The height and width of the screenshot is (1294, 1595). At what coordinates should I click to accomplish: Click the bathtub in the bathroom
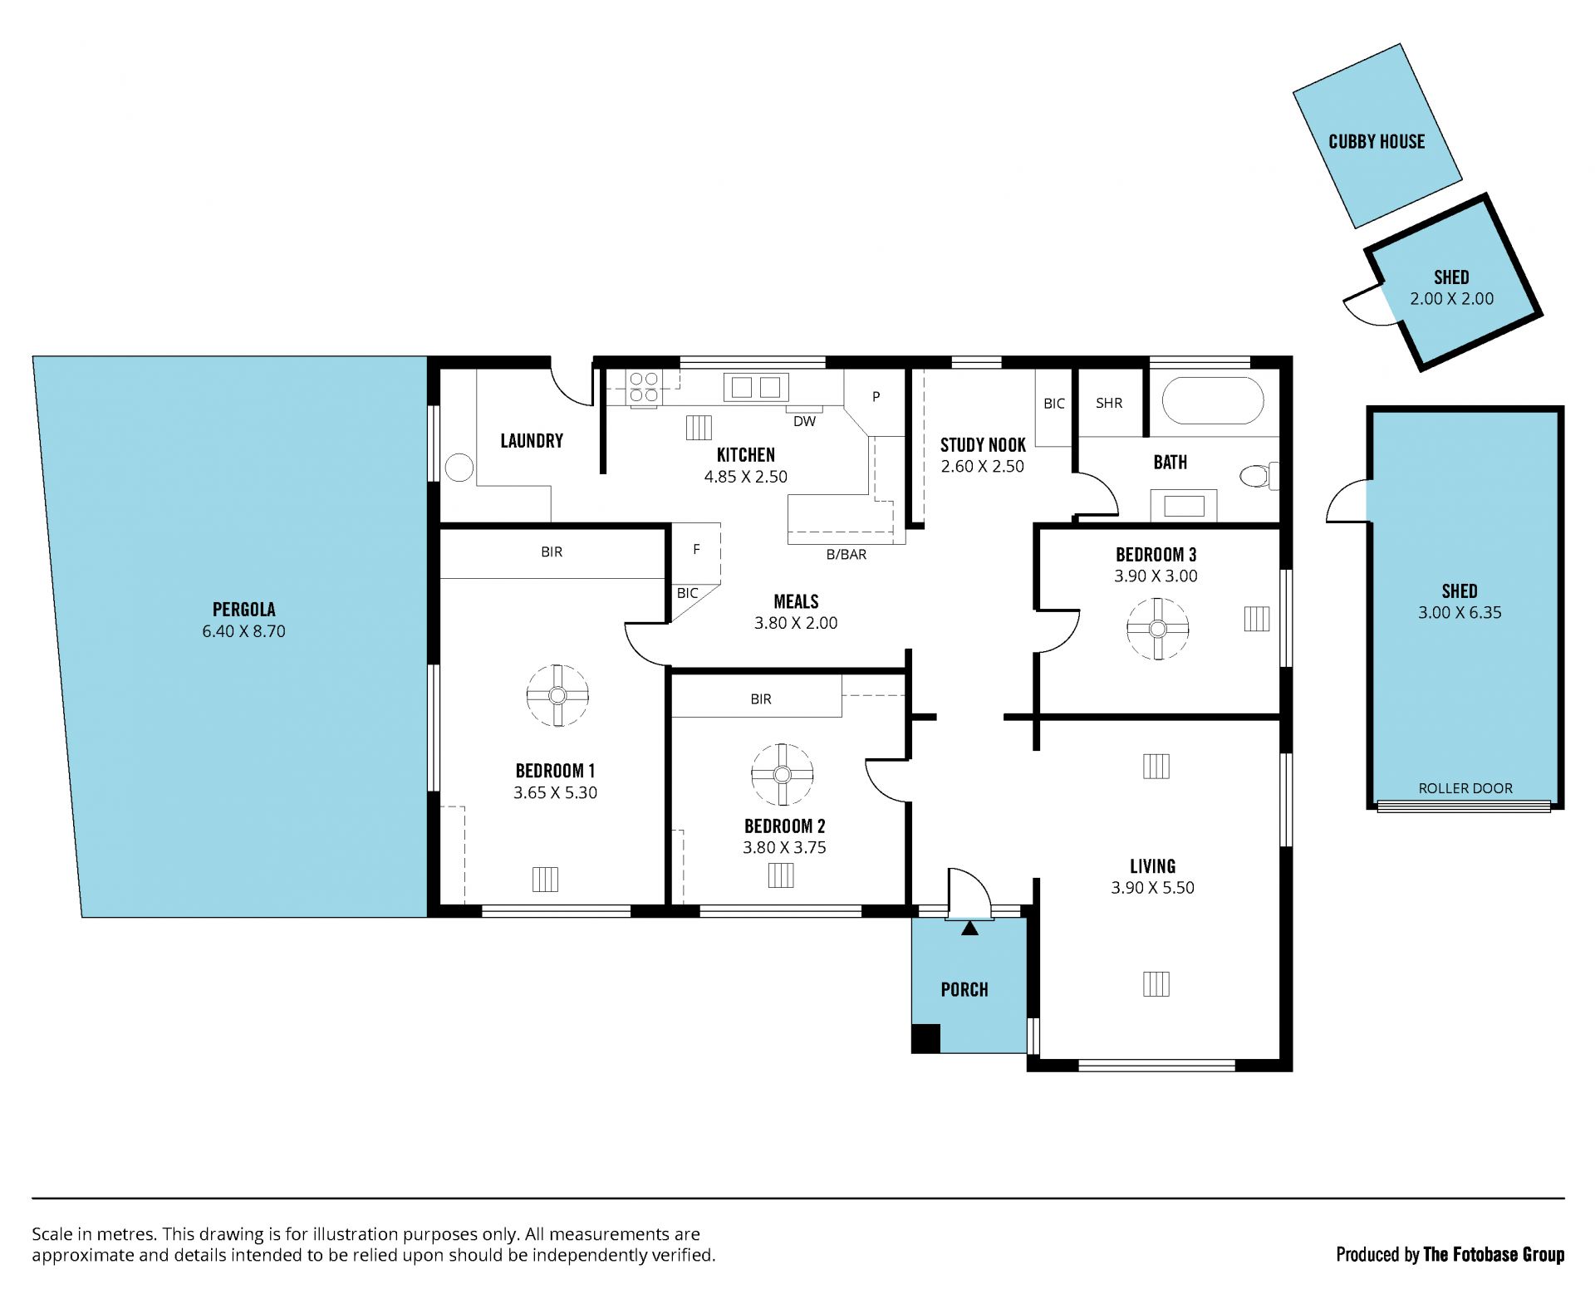coord(1213,402)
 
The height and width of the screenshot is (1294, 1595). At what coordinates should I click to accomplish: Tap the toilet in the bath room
coord(1258,476)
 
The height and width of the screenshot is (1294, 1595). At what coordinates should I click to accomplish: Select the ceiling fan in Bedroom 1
coord(557,695)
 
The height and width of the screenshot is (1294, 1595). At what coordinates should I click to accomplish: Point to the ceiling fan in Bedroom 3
coord(1157,629)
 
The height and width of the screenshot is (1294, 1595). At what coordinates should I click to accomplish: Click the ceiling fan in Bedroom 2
coord(782,774)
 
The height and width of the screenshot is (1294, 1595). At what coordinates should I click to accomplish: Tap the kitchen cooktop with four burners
coord(645,389)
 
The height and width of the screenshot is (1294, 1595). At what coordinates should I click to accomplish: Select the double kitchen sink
coord(755,387)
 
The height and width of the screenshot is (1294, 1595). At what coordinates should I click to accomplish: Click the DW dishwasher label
coord(804,421)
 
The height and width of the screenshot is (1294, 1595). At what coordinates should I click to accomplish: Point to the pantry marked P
coord(876,397)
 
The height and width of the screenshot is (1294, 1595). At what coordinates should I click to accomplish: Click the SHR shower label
coord(1109,403)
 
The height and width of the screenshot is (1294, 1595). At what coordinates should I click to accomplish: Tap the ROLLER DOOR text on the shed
coord(1465,788)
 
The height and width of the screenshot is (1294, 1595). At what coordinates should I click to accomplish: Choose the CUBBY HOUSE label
coord(1377,141)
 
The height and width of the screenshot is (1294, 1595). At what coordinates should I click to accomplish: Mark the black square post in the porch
coord(925,1038)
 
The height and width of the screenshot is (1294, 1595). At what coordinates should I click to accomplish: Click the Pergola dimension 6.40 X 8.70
coord(243,631)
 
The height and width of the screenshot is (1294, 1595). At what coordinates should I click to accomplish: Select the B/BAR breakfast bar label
coord(846,554)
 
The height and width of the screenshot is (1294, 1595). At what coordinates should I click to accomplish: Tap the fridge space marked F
coord(696,549)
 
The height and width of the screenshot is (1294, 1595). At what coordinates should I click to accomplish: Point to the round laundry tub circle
coord(459,468)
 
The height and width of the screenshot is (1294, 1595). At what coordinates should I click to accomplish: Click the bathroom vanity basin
coord(1184,506)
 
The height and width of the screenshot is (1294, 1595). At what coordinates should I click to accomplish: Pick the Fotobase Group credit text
coord(1450,1254)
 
